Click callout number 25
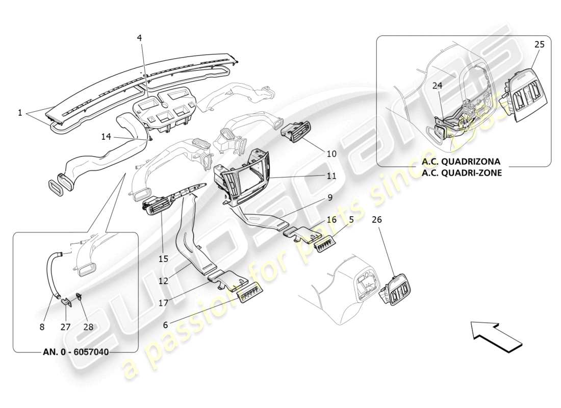coord(540,44)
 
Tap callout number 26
coord(376,220)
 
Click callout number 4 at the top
coord(139,38)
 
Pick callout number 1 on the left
coord(20,113)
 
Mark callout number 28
coord(88,327)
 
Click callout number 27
coord(65,327)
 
